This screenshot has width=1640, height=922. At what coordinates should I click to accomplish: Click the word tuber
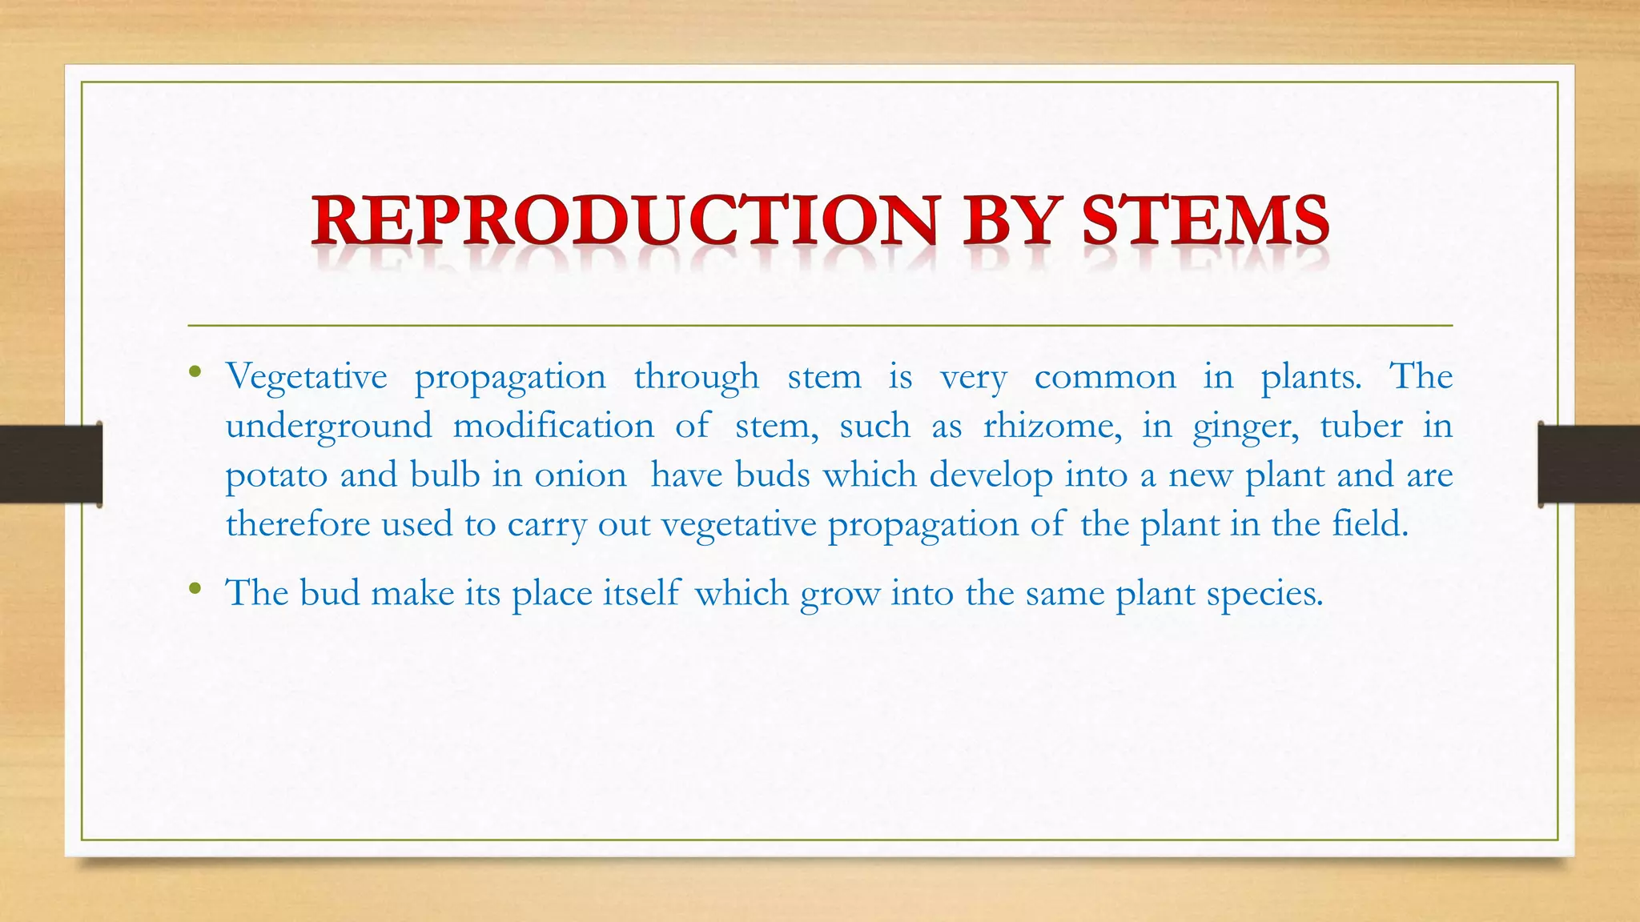click(1361, 426)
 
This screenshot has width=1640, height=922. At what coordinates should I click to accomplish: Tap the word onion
click(581, 475)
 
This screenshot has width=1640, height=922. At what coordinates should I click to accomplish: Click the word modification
click(553, 426)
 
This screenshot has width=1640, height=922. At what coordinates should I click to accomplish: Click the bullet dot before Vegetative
click(195, 371)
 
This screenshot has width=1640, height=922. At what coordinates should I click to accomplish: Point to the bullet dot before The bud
click(195, 589)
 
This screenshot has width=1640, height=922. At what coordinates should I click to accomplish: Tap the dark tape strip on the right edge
click(1589, 464)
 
